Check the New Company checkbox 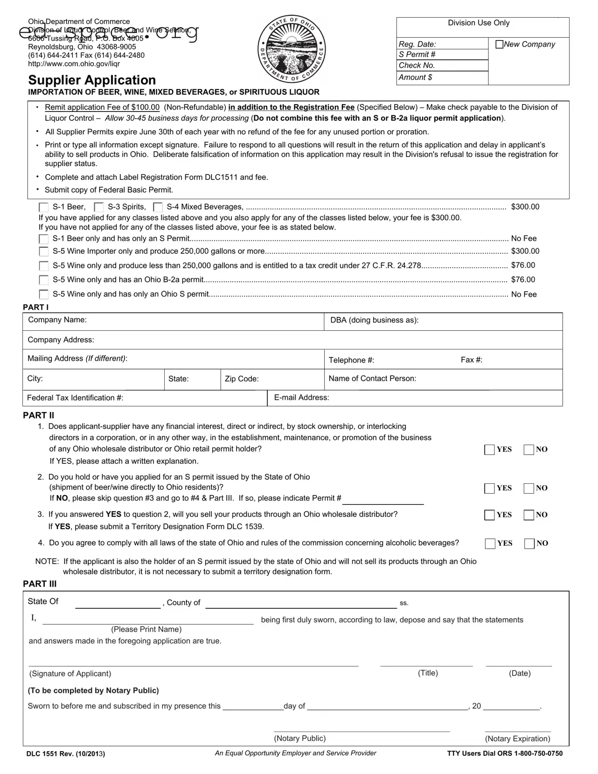pos(500,44)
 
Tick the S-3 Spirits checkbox pos(99,207)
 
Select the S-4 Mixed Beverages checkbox pos(158,207)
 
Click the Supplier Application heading pos(92,80)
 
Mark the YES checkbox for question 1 pos(489,450)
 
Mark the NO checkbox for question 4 pos(529,544)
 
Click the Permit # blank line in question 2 pos(383,499)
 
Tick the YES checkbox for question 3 pos(489,515)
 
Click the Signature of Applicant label pos(70,674)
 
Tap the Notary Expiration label pos(517,739)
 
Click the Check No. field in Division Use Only pos(442,66)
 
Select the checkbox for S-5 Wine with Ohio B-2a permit pos(44,280)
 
